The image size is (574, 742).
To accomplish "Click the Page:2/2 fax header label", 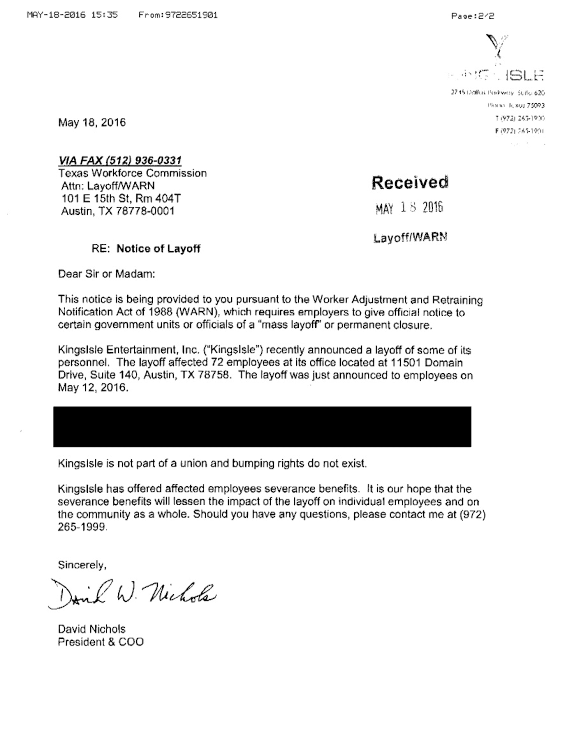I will coord(473,16).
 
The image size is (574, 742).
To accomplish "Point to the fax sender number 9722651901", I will coord(191,15).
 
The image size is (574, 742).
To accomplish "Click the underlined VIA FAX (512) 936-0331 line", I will coord(120,160).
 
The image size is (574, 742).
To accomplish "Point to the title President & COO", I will coord(101,642).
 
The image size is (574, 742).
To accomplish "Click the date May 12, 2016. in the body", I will coord(93,388).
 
